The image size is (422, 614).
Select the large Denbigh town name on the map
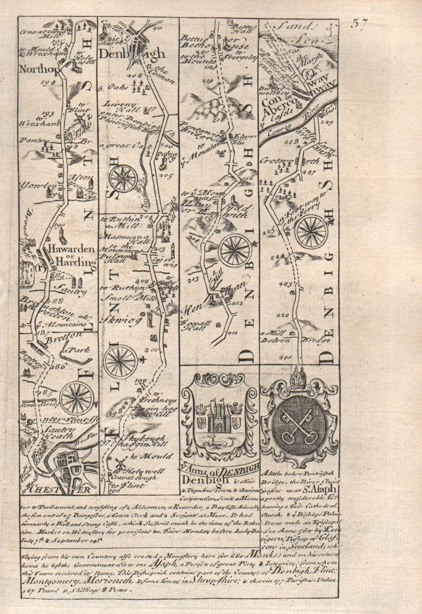131,54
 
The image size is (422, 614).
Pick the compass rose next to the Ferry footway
311,231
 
